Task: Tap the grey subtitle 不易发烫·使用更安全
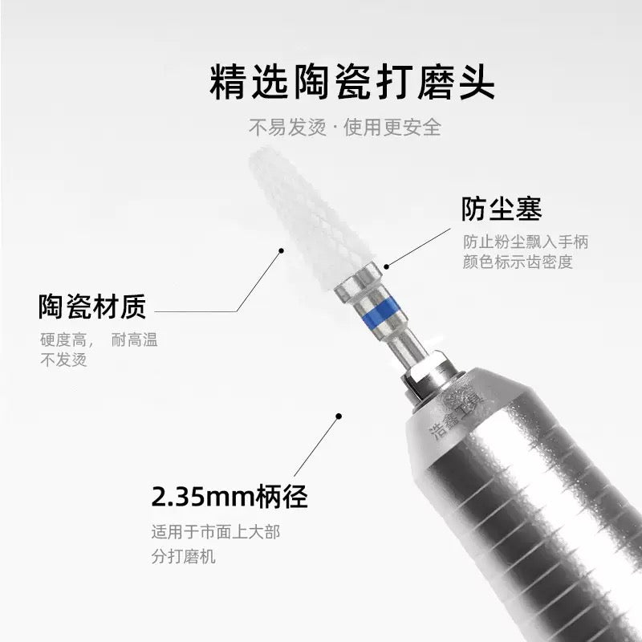pyautogui.click(x=345, y=128)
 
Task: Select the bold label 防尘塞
pyautogui.click(x=502, y=209)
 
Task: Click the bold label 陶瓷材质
pyautogui.click(x=92, y=307)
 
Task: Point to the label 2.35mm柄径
pyautogui.click(x=230, y=496)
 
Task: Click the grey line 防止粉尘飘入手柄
pyautogui.click(x=526, y=242)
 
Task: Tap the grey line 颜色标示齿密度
pyautogui.click(x=518, y=262)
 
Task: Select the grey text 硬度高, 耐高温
pyautogui.click(x=99, y=339)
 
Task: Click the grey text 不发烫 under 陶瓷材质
pyautogui.click(x=64, y=360)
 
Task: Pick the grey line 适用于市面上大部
pyautogui.click(x=216, y=532)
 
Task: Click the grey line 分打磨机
pyautogui.click(x=184, y=557)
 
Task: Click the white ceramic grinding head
pyautogui.click(x=311, y=217)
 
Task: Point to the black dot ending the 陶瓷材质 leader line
pyautogui.click(x=282, y=250)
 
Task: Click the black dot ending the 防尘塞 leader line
pyautogui.click(x=386, y=266)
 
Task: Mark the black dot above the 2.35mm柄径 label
pyautogui.click(x=339, y=416)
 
